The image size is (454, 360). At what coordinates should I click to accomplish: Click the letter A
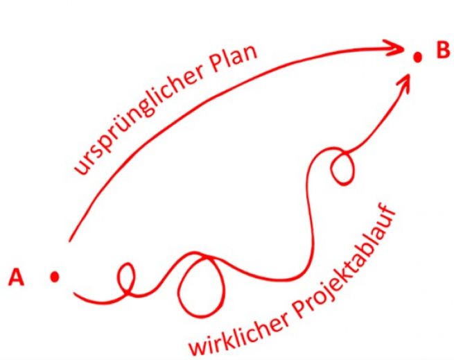tap(16, 278)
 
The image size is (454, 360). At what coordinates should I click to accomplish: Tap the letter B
tap(442, 51)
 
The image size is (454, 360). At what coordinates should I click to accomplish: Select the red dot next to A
tap(55, 276)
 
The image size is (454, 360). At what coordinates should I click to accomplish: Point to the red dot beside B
tap(418, 58)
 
